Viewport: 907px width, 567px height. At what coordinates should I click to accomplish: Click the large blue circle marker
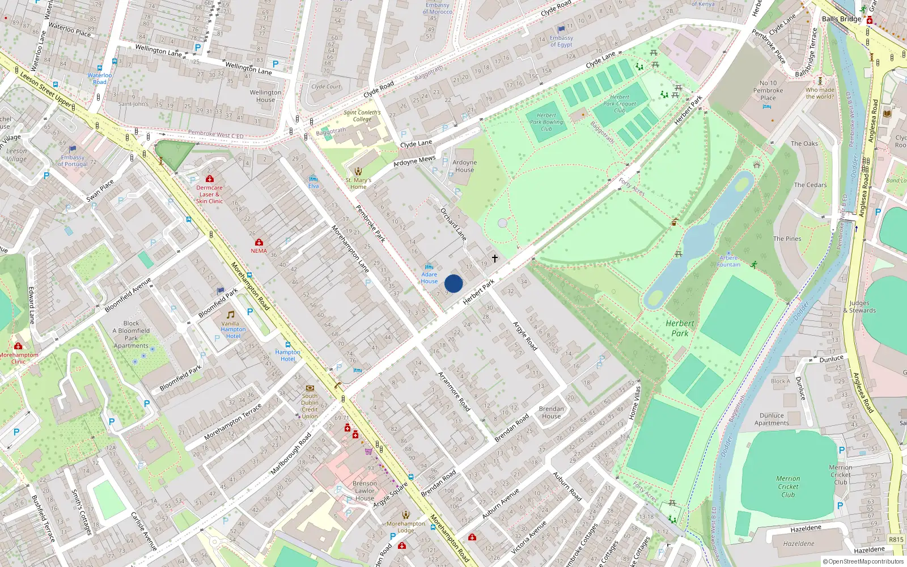click(453, 283)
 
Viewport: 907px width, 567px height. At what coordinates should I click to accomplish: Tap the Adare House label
click(429, 278)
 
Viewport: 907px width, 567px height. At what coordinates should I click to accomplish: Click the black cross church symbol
click(494, 259)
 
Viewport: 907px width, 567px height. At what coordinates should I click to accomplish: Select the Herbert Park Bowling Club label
click(546, 122)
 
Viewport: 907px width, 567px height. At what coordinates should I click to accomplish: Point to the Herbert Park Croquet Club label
click(620, 104)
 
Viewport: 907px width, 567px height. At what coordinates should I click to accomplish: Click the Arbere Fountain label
click(728, 261)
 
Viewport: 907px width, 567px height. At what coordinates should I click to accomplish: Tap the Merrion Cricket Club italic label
click(788, 486)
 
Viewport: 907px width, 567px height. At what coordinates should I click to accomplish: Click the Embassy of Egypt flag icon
click(562, 29)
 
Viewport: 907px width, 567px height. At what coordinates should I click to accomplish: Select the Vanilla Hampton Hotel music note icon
click(230, 315)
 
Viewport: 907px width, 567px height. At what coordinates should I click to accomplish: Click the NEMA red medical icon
click(259, 242)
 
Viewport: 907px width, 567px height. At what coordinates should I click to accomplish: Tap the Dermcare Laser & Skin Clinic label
click(209, 194)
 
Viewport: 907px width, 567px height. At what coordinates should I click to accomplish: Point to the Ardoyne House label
click(464, 166)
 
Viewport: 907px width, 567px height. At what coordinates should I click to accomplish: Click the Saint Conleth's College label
click(362, 116)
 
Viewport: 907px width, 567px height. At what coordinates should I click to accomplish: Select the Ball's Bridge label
click(841, 19)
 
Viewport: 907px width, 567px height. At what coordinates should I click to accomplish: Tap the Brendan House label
click(551, 412)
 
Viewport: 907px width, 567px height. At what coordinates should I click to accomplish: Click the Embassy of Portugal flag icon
click(73, 150)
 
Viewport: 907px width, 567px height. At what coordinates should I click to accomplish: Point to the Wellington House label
click(265, 96)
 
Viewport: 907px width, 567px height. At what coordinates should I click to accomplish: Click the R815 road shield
click(896, 539)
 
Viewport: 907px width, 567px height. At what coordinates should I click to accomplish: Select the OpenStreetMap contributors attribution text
click(863, 561)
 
